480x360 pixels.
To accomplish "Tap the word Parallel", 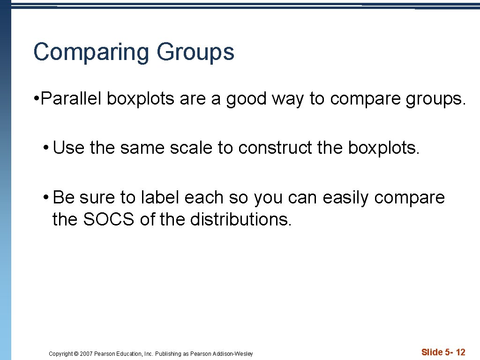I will tap(72, 99).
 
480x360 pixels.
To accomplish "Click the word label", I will tap(159, 198).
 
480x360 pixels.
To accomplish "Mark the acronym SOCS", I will tap(109, 219).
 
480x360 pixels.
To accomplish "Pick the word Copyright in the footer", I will tap(61, 354).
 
